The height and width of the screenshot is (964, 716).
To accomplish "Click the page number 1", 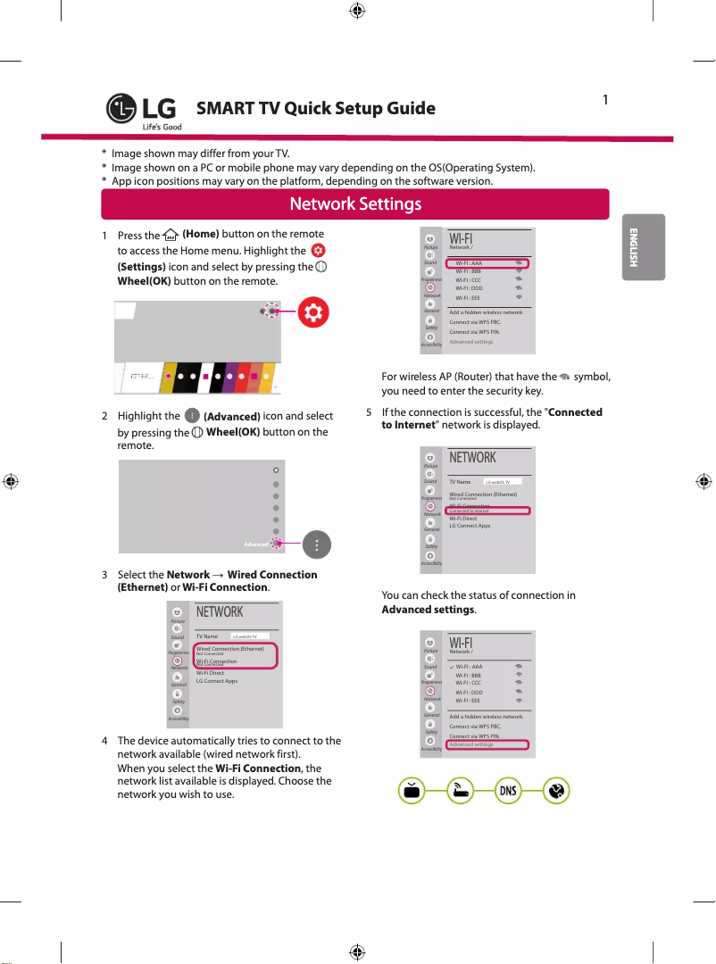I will pyautogui.click(x=605, y=100).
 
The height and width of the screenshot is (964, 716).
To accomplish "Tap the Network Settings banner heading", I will pyautogui.click(x=355, y=204).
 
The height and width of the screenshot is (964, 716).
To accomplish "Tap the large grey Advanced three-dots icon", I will pyautogui.click(x=317, y=543).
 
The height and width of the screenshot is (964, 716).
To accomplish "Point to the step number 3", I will pyautogui.click(x=105, y=575).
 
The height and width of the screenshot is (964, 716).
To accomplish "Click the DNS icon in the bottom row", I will pyautogui.click(x=508, y=791).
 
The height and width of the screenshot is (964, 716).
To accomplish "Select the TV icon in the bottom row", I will pyautogui.click(x=412, y=791).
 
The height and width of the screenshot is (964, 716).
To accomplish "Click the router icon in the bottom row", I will pyautogui.click(x=460, y=791).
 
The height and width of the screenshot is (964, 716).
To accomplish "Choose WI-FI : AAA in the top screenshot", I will pyautogui.click(x=470, y=264).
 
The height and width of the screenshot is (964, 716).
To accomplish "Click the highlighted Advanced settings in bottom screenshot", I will pyautogui.click(x=471, y=744).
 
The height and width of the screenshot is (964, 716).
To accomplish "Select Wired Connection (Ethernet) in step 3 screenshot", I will pyautogui.click(x=229, y=649).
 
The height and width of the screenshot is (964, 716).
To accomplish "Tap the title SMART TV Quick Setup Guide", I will pyautogui.click(x=316, y=109).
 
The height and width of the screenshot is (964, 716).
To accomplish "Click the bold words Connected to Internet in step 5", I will pyautogui.click(x=491, y=419).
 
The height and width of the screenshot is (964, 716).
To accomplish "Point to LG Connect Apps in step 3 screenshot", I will pyautogui.click(x=217, y=681).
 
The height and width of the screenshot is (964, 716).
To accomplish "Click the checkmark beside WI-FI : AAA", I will pyautogui.click(x=451, y=667).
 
